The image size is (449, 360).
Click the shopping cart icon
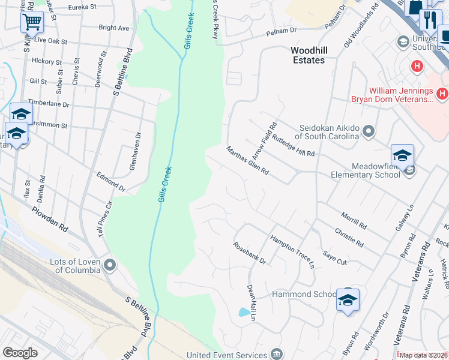pyautogui.click(x=32, y=22)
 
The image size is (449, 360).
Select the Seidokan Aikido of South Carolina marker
pyautogui.click(x=369, y=130)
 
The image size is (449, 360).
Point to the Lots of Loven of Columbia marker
pyautogui.click(x=110, y=265)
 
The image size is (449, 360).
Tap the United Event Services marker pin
pyautogui.click(x=276, y=352)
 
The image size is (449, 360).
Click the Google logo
pyautogui.click(x=20, y=353)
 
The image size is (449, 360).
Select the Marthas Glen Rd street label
pyautogui.click(x=247, y=160)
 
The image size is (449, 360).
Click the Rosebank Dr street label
pyautogui.click(x=250, y=253)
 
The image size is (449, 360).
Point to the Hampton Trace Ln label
pyautogui.click(x=292, y=251)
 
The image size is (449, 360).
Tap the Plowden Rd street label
pyautogui.click(x=50, y=220)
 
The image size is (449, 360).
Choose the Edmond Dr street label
pyautogui.click(x=111, y=182)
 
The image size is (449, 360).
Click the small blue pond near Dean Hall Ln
pyautogui.click(x=243, y=312)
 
